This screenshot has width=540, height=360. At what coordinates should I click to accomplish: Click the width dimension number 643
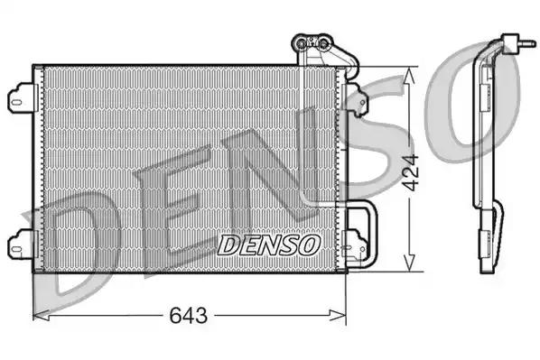[x=189, y=316]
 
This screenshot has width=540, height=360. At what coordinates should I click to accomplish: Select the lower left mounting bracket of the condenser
[x=21, y=243]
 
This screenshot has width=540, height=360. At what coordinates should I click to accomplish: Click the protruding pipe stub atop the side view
[x=520, y=42]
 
